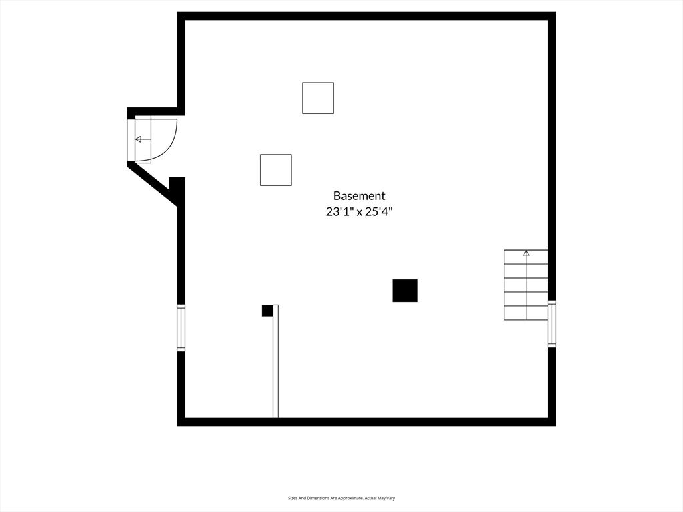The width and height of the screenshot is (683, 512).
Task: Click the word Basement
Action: (360, 196)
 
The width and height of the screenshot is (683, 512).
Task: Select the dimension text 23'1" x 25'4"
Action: (360, 212)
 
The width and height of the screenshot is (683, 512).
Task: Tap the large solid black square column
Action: (405, 291)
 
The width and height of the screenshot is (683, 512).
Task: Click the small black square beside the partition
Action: (267, 311)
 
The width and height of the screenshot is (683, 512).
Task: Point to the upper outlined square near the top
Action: (318, 98)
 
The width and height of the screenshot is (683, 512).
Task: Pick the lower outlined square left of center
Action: (275, 170)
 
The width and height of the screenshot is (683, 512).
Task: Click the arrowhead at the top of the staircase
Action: (526, 253)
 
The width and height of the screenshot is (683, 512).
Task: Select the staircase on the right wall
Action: (526, 285)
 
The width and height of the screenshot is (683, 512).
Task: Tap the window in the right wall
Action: (552, 324)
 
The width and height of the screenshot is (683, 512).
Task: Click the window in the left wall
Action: (181, 328)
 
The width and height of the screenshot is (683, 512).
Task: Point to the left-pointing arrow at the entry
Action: (143, 139)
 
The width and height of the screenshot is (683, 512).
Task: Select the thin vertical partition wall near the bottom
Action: (275, 361)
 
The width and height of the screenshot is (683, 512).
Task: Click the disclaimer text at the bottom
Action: (341, 498)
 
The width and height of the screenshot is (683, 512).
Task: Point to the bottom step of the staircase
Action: (526, 313)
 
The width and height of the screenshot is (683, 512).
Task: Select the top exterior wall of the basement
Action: (366, 16)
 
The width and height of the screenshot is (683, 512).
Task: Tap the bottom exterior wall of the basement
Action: (366, 422)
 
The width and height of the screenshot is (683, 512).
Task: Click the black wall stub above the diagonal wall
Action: (177, 187)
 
